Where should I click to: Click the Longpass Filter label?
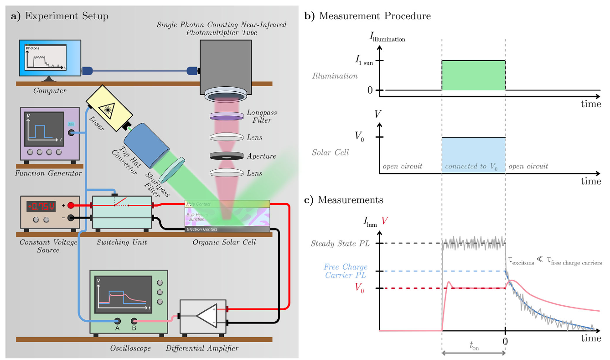coord(261,116)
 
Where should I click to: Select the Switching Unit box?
coord(122,212)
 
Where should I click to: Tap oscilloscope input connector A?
coord(118,321)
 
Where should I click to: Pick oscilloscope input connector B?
coord(134,321)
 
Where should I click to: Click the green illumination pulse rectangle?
coord(473,75)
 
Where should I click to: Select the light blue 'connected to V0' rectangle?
coord(473,155)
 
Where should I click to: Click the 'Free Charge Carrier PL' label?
coord(345,271)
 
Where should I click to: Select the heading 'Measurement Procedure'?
coord(375,16)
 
